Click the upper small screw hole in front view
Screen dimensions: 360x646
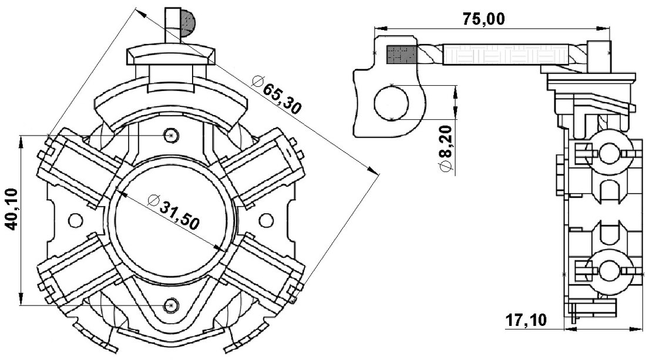coord(171,136)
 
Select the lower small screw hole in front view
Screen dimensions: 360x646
coord(171,305)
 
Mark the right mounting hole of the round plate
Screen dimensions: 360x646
coord(266,220)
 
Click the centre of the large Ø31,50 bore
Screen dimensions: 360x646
coord(171,220)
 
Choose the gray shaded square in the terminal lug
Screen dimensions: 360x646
coord(401,55)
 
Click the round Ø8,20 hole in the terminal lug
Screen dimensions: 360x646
coord(392,102)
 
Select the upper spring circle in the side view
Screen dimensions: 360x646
coord(611,154)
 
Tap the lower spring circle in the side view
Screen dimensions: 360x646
coord(611,271)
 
